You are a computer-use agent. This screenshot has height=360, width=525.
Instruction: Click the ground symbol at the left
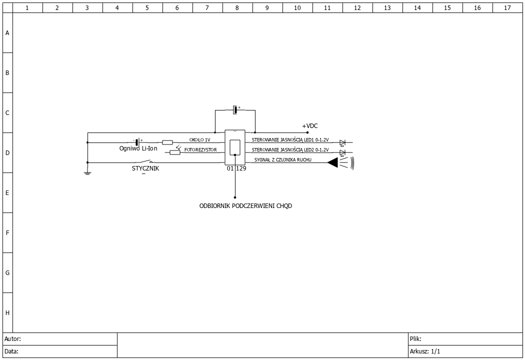[x=87, y=173]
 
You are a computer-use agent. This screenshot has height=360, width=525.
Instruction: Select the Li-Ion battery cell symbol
[x=137, y=142]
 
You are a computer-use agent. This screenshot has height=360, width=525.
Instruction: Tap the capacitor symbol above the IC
[x=235, y=110]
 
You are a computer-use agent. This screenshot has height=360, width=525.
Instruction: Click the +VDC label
[x=309, y=126]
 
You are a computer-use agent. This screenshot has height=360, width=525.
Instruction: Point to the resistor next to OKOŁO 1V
[x=167, y=142]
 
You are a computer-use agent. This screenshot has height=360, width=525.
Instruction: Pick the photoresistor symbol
[x=175, y=151]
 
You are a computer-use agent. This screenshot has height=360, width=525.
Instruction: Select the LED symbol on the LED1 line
[x=342, y=143]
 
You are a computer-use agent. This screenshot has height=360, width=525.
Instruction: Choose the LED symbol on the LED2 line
[x=342, y=153]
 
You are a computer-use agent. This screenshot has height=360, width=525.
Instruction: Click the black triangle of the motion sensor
[x=333, y=163]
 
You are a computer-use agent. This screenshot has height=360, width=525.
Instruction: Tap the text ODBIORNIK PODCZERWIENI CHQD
[x=245, y=206]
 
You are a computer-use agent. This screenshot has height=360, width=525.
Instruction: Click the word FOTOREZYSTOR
[x=200, y=149]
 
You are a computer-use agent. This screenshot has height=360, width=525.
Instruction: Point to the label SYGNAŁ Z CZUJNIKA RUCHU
[x=283, y=159]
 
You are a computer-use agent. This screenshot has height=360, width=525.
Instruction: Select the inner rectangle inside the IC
[x=235, y=147]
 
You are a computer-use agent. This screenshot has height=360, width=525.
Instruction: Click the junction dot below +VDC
[x=307, y=132]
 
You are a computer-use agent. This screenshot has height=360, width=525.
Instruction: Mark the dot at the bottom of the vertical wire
[x=235, y=197]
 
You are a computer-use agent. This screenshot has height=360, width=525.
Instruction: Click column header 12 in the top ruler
[x=357, y=7]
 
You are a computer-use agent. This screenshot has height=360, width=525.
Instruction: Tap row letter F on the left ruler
[x=7, y=232]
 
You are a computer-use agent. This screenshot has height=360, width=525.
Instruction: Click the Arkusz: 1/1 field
[x=465, y=351]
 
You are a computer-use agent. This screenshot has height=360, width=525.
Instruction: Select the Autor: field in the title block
[x=60, y=339]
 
